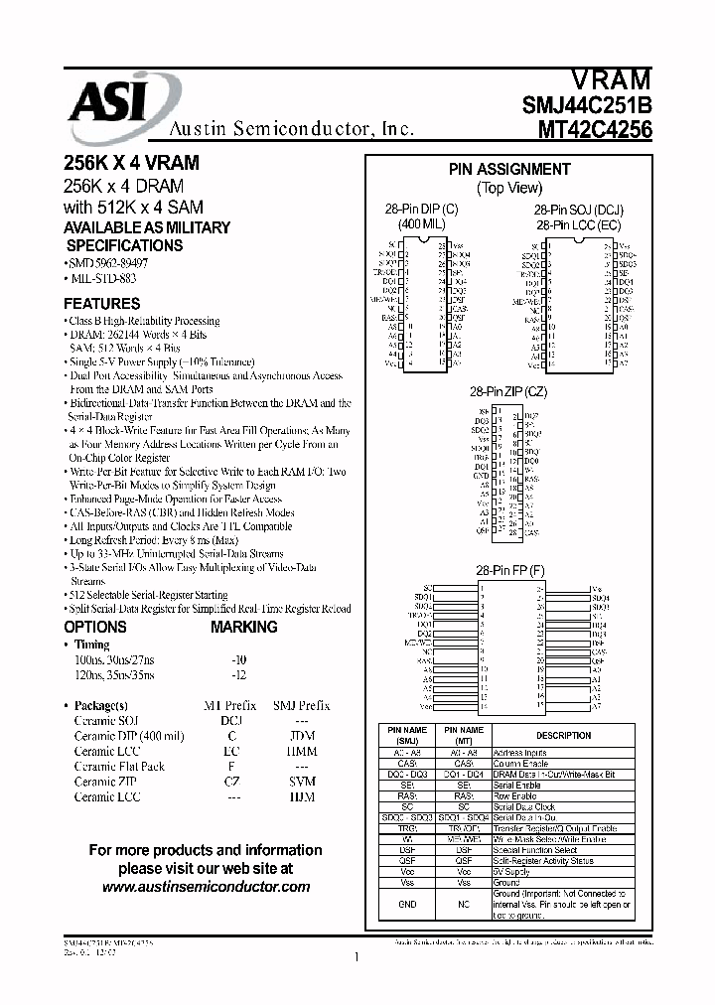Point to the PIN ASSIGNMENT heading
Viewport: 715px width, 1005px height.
(509, 170)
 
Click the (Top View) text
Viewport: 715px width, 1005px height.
(509, 188)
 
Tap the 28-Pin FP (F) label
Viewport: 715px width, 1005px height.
(509, 570)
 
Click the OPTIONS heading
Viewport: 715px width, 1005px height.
(95, 628)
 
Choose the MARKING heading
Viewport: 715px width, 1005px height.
(244, 628)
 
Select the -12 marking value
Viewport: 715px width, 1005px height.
(238, 674)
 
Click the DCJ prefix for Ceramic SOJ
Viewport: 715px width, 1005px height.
(231, 721)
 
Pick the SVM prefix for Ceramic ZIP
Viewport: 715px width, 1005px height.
(294, 782)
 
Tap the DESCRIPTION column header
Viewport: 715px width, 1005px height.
(563, 736)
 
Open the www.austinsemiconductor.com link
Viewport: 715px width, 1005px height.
(206, 887)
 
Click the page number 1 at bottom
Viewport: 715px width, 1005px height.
(356, 958)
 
